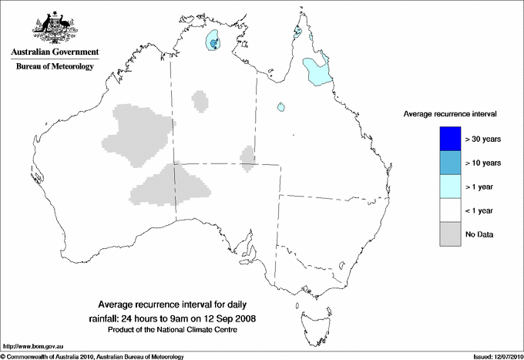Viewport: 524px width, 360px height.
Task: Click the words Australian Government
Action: click(x=55, y=52)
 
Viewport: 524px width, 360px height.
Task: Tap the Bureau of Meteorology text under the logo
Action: click(x=55, y=66)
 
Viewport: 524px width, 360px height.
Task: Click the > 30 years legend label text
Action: click(x=485, y=140)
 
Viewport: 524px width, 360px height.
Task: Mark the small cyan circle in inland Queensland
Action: click(x=283, y=107)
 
